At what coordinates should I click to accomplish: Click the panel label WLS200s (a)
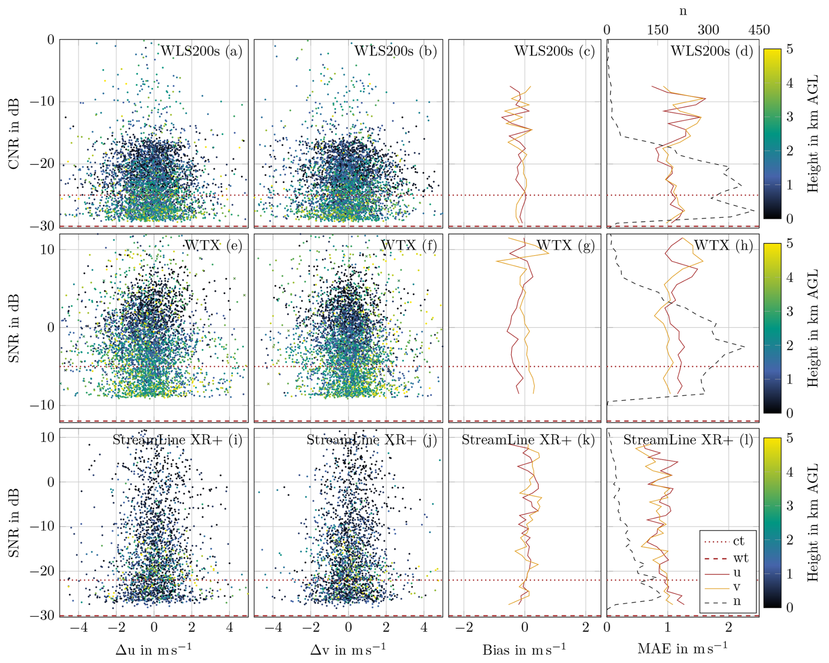tap(201, 51)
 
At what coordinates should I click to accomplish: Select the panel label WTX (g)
tap(565, 245)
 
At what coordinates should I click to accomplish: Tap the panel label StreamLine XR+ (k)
tap(528, 440)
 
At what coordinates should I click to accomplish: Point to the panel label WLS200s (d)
tap(712, 51)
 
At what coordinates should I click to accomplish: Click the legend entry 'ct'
tap(738, 541)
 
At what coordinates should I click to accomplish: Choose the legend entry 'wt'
tap(740, 558)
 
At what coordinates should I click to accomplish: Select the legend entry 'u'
tap(737, 572)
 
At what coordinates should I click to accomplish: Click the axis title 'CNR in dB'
tap(14, 134)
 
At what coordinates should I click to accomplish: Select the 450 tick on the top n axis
tap(759, 30)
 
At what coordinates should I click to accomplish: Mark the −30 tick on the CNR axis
tap(42, 226)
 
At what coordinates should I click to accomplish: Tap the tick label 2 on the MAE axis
tap(729, 627)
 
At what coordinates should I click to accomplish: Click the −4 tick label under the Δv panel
tap(273, 627)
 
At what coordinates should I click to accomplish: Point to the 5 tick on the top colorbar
tap(790, 49)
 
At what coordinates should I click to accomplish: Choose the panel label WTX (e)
tap(213, 245)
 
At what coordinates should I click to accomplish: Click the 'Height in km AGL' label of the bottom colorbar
tap(812, 522)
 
